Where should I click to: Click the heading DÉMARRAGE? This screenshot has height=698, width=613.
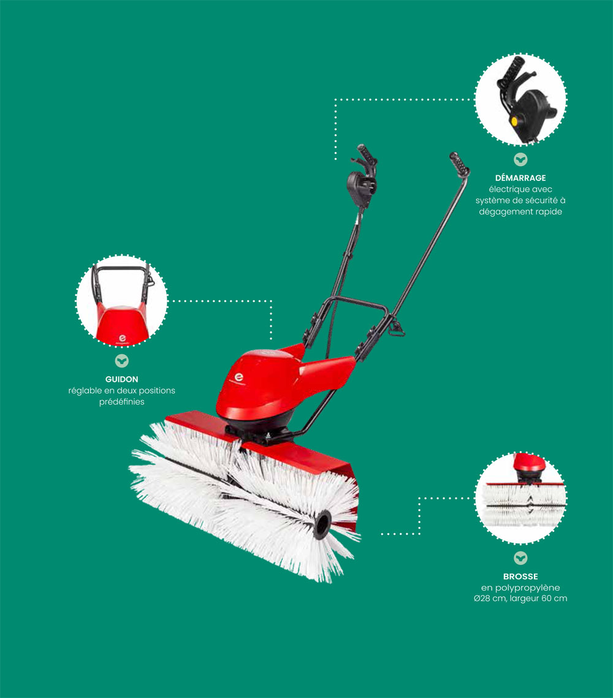coord(520,178)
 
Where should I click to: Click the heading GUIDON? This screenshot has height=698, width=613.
coord(121,379)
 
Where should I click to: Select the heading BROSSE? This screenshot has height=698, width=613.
coord(520,577)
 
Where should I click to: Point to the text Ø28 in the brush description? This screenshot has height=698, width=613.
coord(482,599)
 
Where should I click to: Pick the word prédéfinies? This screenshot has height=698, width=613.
coord(121,402)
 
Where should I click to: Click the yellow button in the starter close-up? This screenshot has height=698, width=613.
coord(515,121)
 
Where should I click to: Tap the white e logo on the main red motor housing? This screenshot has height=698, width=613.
coord(239,377)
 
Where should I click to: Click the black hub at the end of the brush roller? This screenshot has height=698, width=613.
coord(322,525)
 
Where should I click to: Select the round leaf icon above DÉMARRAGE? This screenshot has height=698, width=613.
coord(520,159)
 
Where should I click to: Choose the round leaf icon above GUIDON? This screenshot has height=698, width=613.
coord(121,360)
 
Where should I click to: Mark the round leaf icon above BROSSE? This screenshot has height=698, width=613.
coord(520,558)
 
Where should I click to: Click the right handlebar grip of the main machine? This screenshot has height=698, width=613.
coord(459,164)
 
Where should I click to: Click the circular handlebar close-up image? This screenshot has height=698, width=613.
coord(121,301)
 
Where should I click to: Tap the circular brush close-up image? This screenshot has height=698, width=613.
coord(520,498)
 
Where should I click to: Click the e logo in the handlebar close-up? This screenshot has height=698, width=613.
coord(122,339)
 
